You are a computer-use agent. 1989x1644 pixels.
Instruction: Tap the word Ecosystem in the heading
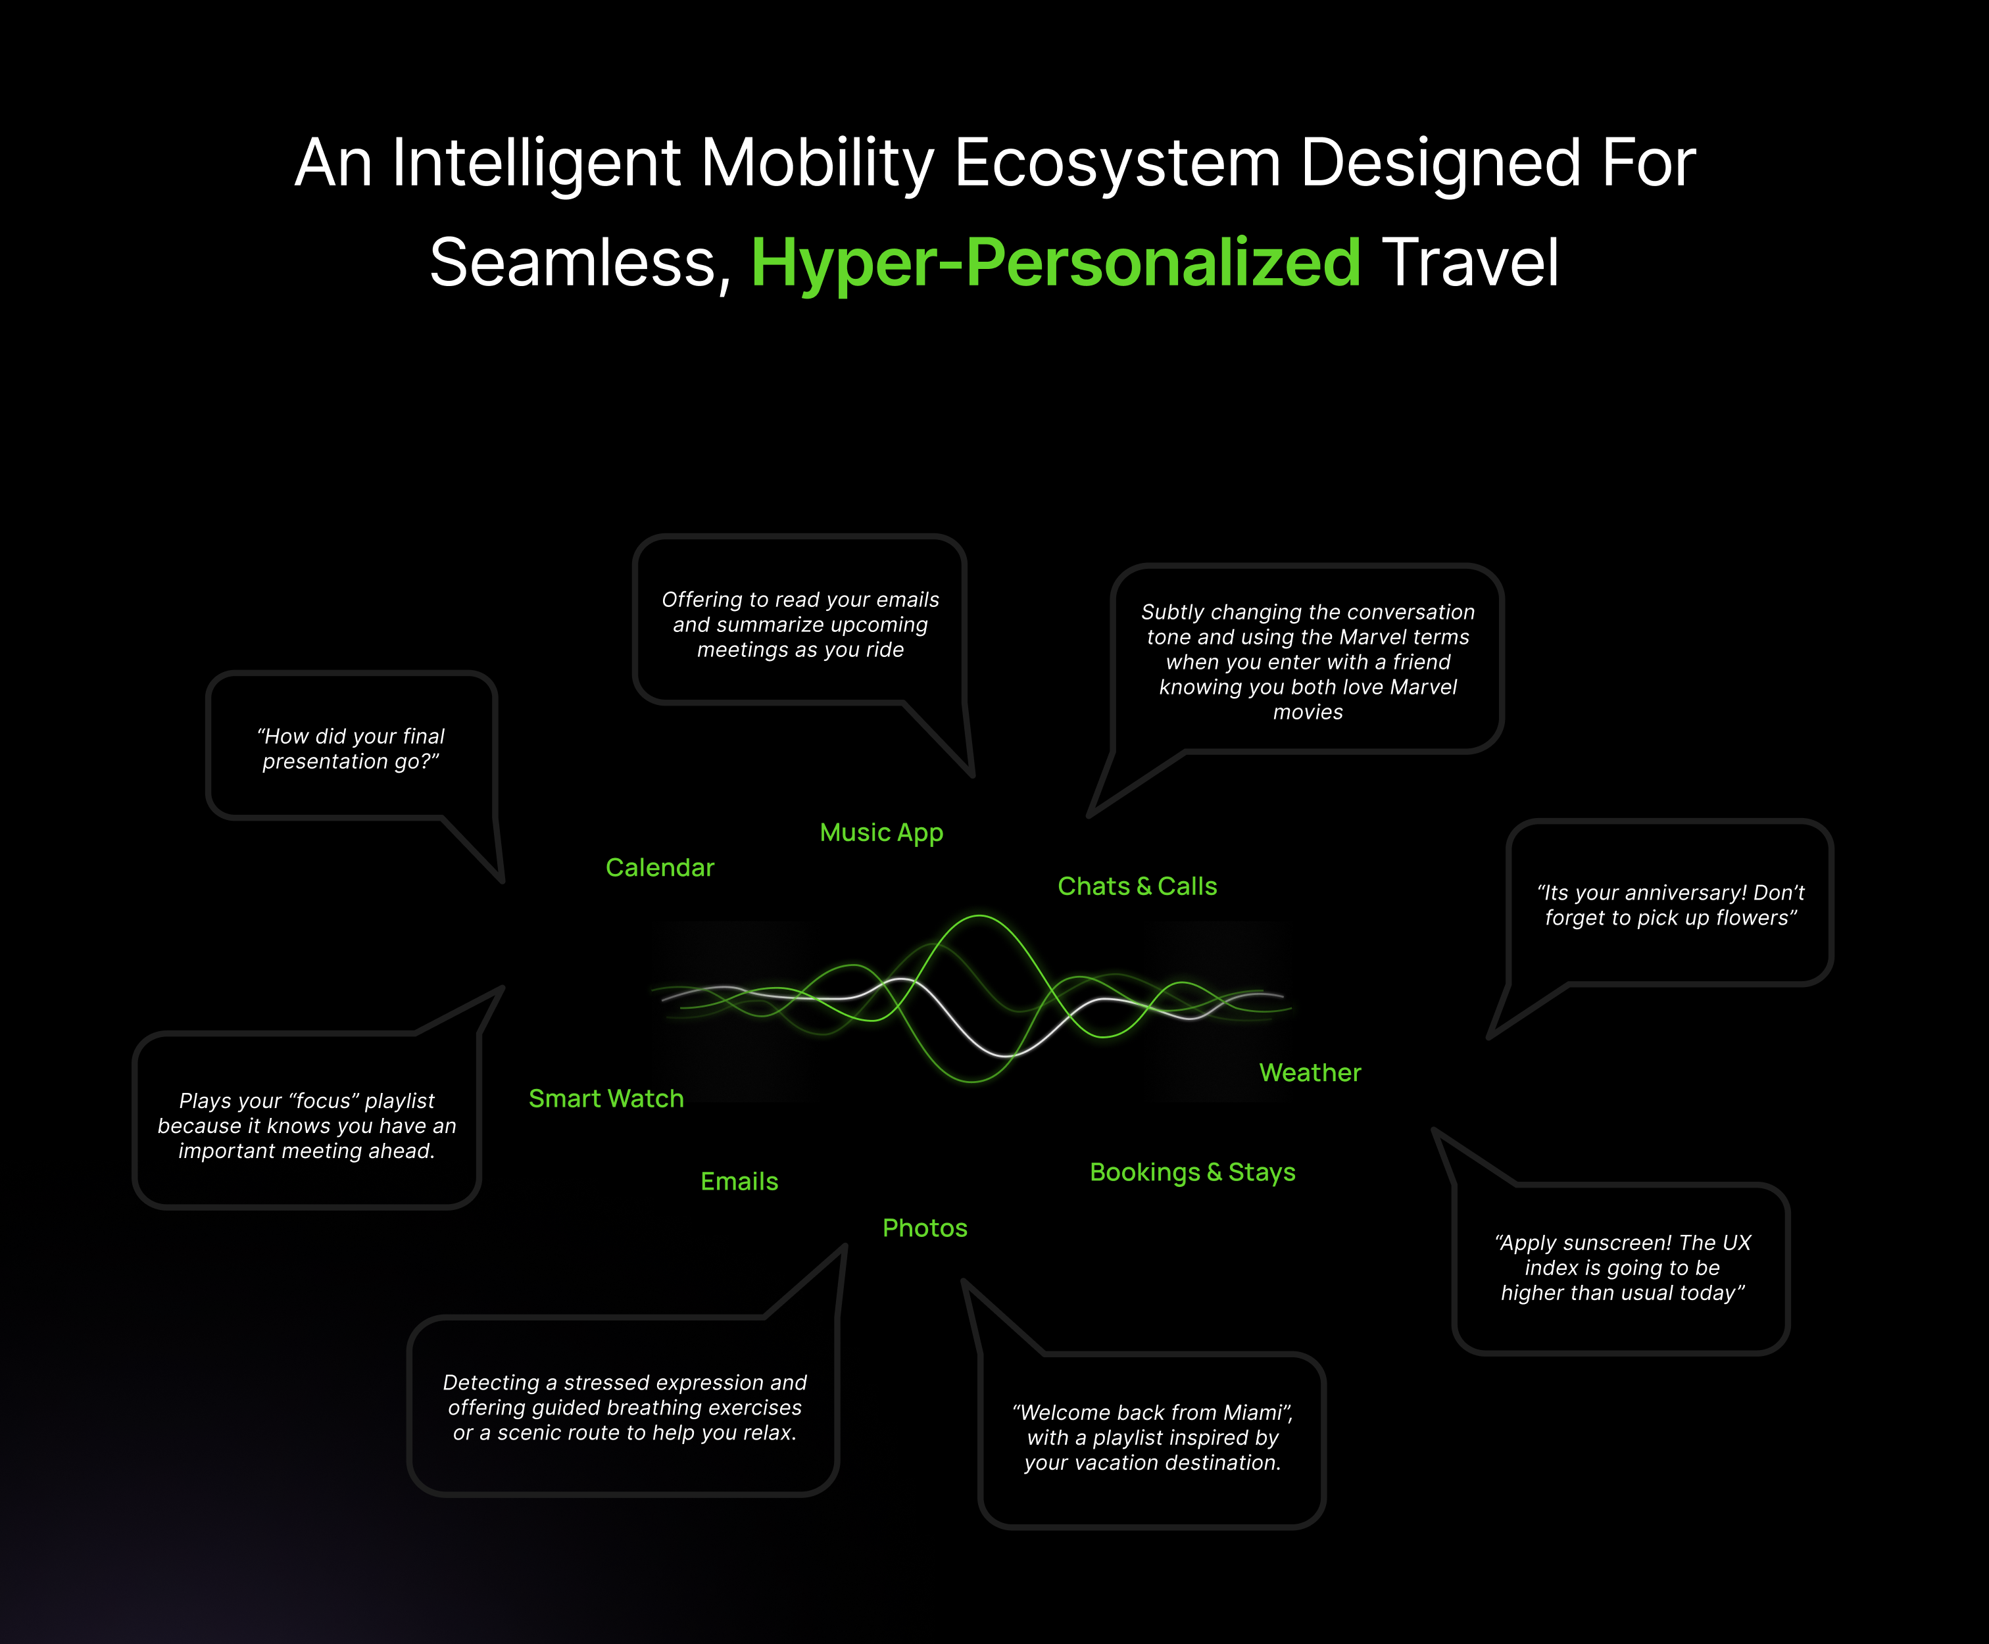click(x=1117, y=163)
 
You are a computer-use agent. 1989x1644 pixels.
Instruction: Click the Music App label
click(x=881, y=833)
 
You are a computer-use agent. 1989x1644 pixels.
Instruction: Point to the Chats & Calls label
click(x=1137, y=886)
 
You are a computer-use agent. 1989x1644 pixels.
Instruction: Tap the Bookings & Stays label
click(x=1192, y=1173)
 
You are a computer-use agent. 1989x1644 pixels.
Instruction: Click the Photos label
click(x=924, y=1228)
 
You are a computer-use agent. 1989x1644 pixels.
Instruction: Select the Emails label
click(x=739, y=1181)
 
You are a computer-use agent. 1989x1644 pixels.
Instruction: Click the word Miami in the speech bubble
click(x=1253, y=1413)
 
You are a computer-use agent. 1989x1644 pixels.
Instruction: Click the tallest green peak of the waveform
click(x=979, y=917)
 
